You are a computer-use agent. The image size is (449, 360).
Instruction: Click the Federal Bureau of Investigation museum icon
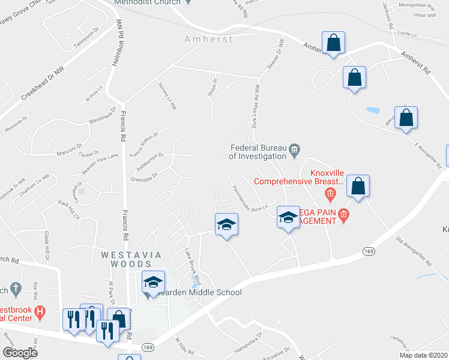pos(294,151)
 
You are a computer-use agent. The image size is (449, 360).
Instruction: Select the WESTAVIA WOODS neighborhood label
pos(131,259)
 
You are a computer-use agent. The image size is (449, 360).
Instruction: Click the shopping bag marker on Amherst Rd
pos(333,44)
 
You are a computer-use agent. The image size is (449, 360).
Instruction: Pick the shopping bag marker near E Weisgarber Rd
pos(406,118)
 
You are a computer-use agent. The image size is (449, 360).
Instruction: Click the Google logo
pos(20,353)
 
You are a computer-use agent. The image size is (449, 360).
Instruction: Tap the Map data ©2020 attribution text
pos(422,355)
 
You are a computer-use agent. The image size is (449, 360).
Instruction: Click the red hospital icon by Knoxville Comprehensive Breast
pos(330,194)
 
